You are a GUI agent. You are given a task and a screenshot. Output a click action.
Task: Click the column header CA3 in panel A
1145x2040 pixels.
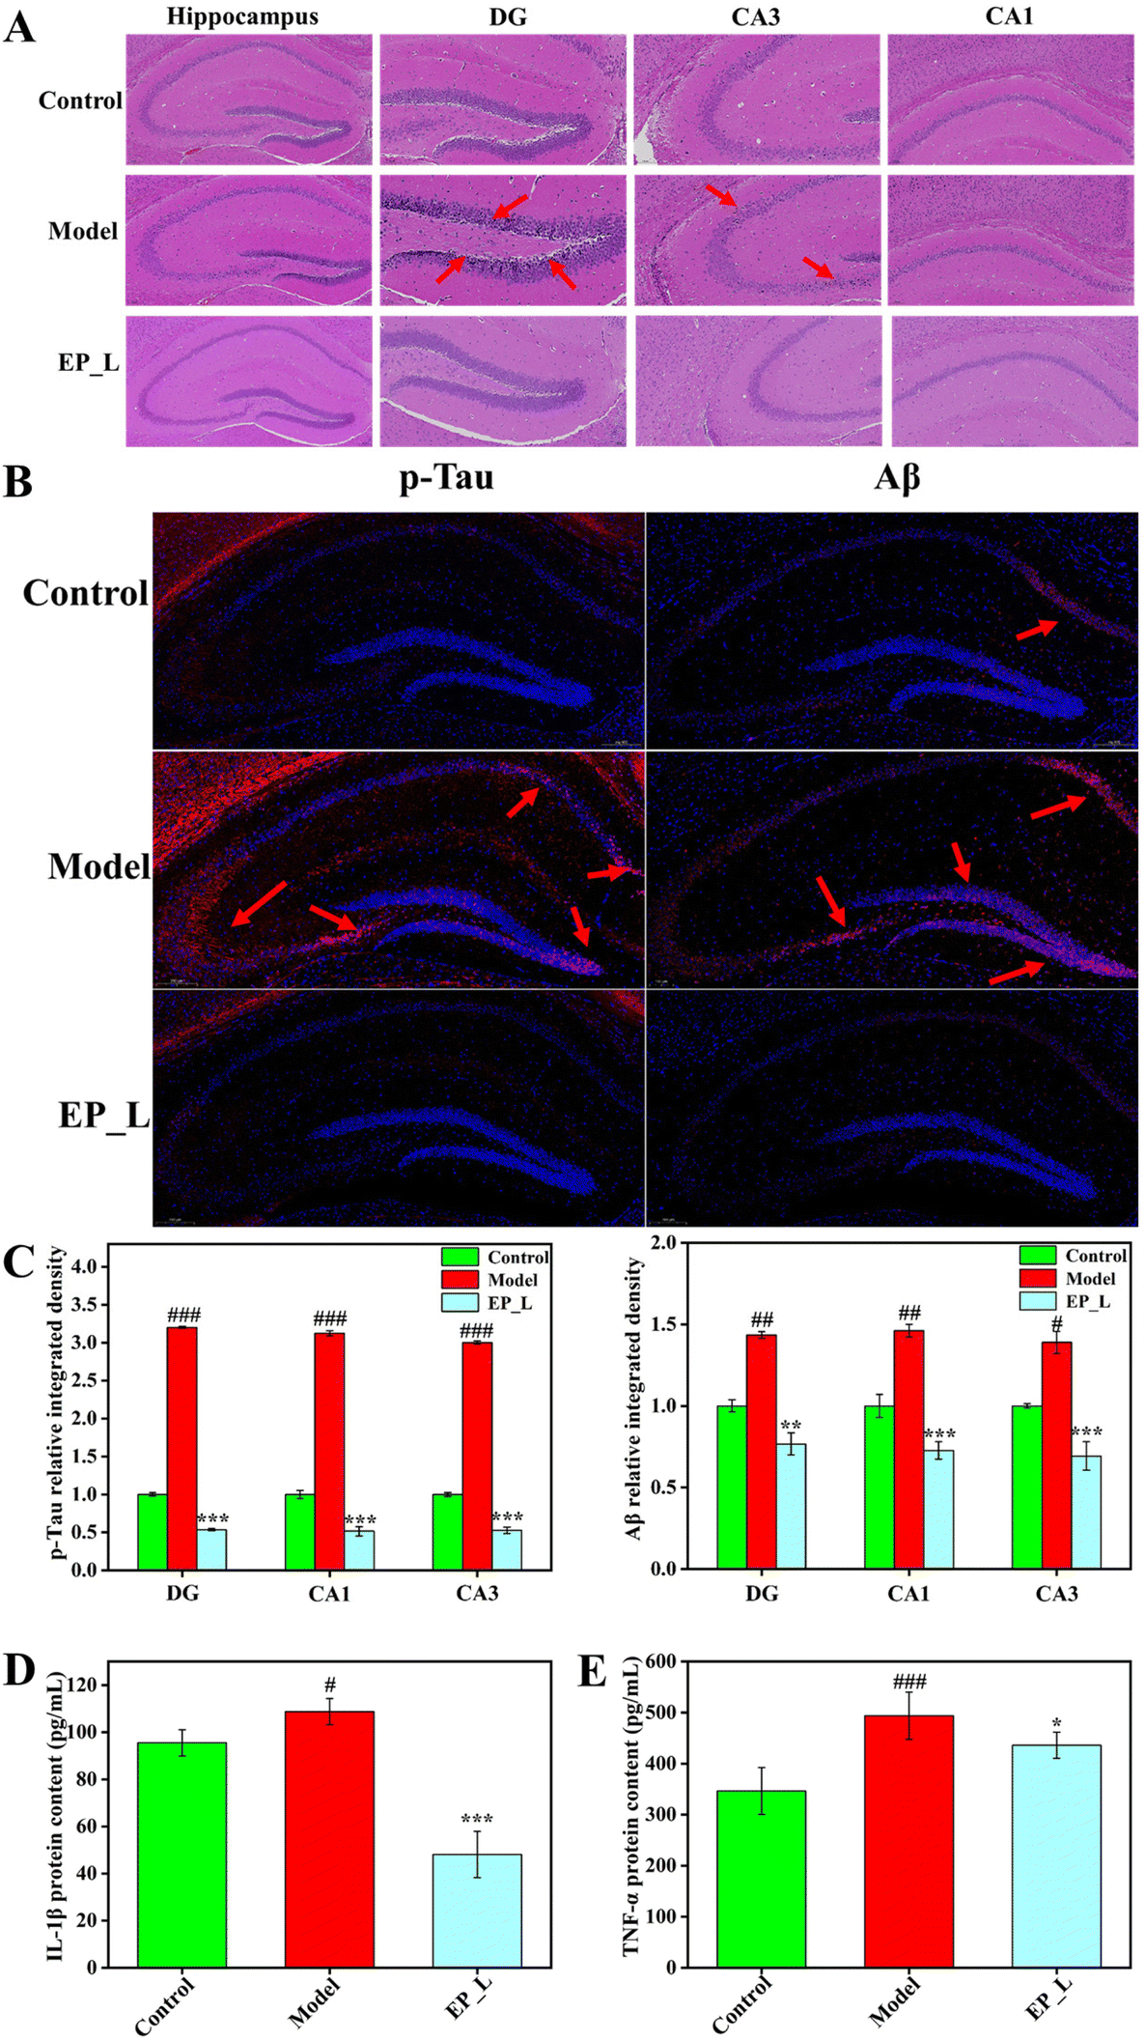755,16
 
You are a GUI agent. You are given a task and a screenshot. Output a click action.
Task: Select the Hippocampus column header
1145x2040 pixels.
242,16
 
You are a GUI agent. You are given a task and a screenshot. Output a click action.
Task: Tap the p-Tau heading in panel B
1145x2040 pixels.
446,477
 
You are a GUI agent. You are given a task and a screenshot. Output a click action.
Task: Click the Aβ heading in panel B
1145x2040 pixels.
897,477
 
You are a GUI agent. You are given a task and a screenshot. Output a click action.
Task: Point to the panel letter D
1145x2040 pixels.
19,1670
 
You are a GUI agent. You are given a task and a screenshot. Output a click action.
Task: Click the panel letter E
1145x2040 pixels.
592,1670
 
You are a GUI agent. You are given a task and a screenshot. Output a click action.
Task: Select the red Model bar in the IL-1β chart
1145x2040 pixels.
329,1840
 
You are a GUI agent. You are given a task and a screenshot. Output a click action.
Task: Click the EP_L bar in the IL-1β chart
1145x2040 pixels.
477,1911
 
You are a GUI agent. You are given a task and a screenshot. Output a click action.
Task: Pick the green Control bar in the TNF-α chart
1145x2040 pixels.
761,1879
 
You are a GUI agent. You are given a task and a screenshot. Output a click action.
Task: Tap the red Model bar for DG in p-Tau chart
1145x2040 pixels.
182,1449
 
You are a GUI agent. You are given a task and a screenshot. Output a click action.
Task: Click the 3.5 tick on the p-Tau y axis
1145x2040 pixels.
86,1305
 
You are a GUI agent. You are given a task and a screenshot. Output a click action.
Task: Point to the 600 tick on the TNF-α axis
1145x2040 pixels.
661,1661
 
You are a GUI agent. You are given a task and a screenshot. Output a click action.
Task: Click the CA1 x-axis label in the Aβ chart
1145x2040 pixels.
908,1593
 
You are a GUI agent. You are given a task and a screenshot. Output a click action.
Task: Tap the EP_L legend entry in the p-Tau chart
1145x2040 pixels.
509,1303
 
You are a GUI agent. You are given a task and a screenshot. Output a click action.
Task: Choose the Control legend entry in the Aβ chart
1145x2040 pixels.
1095,1256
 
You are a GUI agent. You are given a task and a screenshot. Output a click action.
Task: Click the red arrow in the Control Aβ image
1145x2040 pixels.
1036,629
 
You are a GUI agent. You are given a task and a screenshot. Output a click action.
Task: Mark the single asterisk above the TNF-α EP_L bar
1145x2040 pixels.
1057,1724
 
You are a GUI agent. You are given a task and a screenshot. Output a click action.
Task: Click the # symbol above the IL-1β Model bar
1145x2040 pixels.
330,1686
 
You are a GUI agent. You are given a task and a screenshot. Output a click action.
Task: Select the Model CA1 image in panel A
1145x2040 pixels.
1011,240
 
